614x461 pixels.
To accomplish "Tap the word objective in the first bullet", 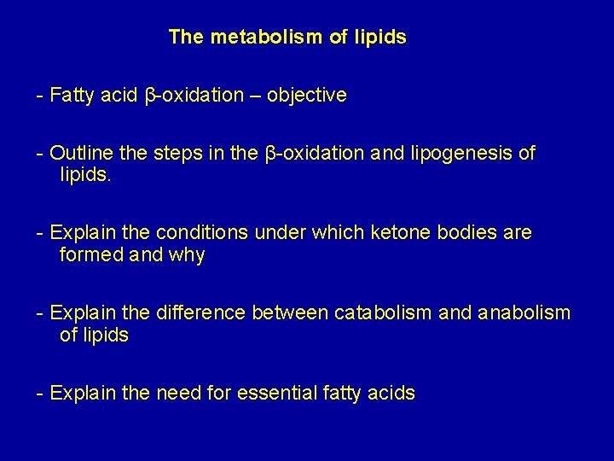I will [x=307, y=96].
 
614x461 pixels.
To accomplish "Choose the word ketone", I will [x=383, y=233].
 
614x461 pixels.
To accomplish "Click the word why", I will [x=187, y=255].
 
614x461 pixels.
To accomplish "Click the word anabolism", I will [x=519, y=313].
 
